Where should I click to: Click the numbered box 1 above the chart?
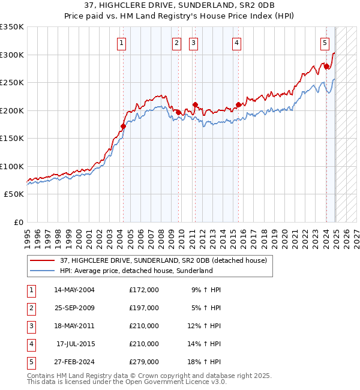122,43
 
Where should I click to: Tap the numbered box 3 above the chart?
194,43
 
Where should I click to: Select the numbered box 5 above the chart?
325,43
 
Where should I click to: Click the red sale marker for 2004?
123,127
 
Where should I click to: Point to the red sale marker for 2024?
326,67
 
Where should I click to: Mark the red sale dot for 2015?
239,105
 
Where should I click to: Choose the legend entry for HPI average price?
136,271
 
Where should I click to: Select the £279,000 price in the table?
144,362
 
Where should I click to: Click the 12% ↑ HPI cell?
205,326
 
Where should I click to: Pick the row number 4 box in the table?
31,344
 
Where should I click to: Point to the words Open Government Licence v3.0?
179,382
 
